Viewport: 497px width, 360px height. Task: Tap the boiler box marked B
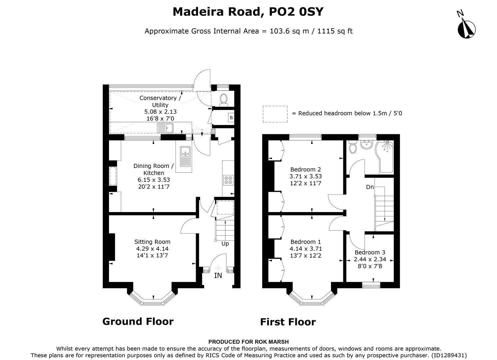(x=231, y=118)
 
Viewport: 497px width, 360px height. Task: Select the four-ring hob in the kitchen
(x=229, y=180)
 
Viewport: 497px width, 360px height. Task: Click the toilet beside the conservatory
(x=224, y=99)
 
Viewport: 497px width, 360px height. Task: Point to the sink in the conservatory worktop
(x=165, y=127)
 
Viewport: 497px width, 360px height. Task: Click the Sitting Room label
(x=152, y=242)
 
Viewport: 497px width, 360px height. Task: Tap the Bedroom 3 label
(x=370, y=252)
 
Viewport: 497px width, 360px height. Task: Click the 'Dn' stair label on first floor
(x=370, y=187)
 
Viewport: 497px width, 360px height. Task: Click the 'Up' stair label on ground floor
(x=225, y=244)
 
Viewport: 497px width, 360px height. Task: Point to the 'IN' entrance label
(x=218, y=276)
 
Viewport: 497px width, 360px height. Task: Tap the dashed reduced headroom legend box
(x=275, y=114)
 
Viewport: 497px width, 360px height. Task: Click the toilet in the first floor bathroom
(x=352, y=147)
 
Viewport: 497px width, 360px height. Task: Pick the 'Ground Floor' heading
(x=138, y=322)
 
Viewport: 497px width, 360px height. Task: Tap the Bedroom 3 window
(x=371, y=285)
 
